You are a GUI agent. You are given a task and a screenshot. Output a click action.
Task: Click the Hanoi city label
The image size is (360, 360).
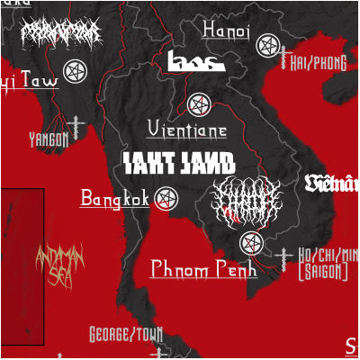(x=226, y=31)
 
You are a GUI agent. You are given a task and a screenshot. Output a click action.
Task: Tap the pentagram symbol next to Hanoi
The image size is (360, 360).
(x=265, y=44)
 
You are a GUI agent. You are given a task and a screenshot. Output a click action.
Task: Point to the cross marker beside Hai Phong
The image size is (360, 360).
(x=287, y=60)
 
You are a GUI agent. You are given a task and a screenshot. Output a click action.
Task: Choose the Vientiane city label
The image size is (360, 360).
(x=186, y=130)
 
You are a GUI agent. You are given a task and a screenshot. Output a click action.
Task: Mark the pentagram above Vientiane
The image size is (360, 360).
(x=198, y=104)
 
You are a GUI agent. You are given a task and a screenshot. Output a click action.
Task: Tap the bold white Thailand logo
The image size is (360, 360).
(x=178, y=163)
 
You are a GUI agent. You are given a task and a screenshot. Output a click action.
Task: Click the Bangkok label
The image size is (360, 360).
(x=114, y=198)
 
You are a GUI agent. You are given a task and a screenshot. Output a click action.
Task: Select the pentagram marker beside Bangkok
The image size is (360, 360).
(x=166, y=198)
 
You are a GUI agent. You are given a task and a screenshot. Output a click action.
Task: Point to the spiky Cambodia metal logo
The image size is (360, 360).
(x=246, y=200)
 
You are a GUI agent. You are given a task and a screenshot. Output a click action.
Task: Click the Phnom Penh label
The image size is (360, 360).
(x=203, y=268)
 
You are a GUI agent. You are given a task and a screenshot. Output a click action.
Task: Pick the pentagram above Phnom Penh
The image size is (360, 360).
(x=251, y=243)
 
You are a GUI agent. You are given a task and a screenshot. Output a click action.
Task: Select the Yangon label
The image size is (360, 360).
(x=49, y=139)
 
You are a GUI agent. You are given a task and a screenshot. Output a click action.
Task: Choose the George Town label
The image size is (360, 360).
(x=126, y=336)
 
